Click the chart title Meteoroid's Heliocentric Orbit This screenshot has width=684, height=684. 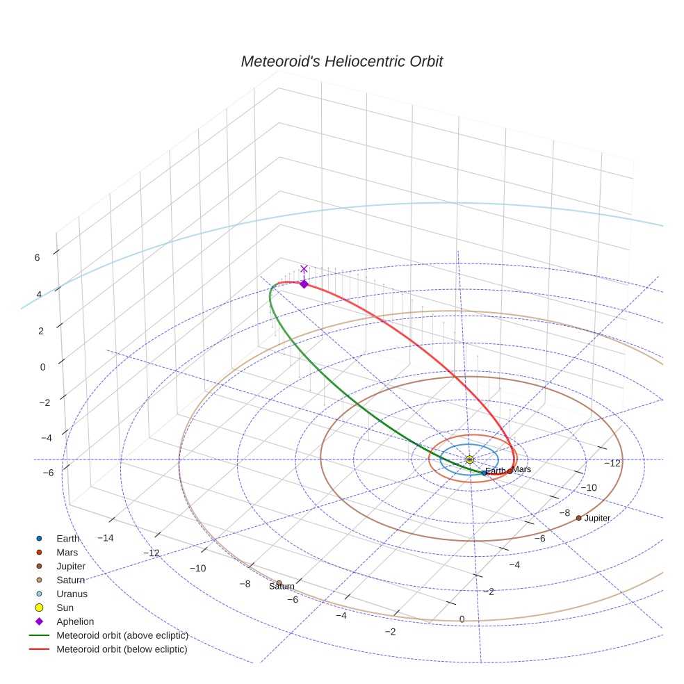coord(341,61)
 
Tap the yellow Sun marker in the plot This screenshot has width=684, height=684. coord(469,459)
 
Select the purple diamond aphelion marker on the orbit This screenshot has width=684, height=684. coord(304,284)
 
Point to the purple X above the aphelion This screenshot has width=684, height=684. coord(304,268)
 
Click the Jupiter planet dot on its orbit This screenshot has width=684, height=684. coord(578,518)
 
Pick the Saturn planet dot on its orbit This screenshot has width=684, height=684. coord(279,583)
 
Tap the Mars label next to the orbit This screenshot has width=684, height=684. coord(522,469)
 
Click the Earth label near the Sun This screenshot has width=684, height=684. coord(496,471)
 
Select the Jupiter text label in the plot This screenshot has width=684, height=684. coord(597,519)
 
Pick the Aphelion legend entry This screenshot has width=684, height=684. coord(74,621)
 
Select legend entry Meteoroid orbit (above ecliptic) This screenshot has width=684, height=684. coord(122,635)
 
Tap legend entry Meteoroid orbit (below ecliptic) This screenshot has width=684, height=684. coord(122,649)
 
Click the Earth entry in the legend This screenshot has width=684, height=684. coord(67,538)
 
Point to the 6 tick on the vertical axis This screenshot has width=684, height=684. coord(37,257)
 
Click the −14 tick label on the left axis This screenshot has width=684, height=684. coord(106,538)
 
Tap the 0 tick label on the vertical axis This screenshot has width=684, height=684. coord(42,367)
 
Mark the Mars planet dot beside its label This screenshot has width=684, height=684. coord(510,471)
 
